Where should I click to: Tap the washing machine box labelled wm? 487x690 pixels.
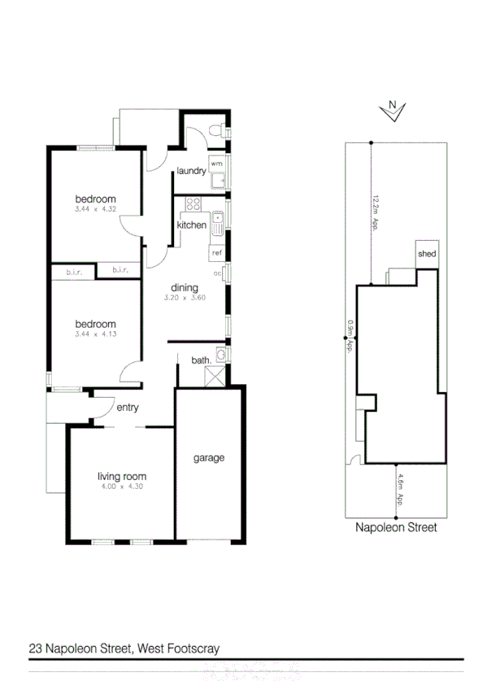pyautogui.click(x=217, y=163)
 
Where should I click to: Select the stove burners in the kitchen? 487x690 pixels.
pyautogui.click(x=193, y=204)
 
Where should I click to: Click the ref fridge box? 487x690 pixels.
pyautogui.click(x=217, y=253)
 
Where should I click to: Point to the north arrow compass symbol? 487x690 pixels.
pyautogui.click(x=392, y=111)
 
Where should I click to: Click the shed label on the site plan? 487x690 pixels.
pyautogui.click(x=427, y=254)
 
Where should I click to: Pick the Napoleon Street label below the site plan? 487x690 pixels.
pyautogui.click(x=396, y=527)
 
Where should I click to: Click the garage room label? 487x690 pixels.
pyautogui.click(x=208, y=458)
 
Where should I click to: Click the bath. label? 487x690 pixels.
pyautogui.click(x=201, y=360)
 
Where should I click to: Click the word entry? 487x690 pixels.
pyautogui.click(x=128, y=408)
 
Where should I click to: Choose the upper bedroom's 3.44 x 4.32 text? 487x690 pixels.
pyautogui.click(x=95, y=210)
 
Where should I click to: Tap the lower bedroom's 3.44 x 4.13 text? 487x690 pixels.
pyautogui.click(x=95, y=334)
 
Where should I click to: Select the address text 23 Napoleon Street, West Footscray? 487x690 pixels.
pyautogui.click(x=124, y=649)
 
